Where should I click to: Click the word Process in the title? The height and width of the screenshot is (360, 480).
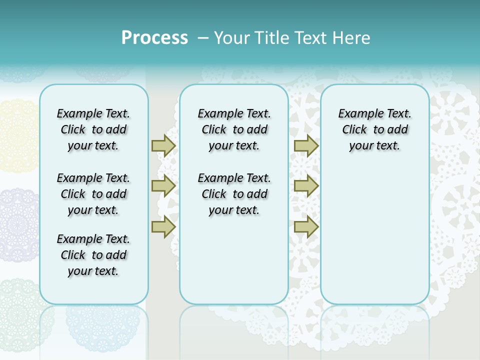154,38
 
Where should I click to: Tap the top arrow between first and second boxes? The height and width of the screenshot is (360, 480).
163,145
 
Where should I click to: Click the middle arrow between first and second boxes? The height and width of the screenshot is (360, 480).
163,186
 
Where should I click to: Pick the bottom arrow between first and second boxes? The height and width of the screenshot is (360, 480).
163,226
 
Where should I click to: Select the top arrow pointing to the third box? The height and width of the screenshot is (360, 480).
306,145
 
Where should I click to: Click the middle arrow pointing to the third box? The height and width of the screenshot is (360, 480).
306,186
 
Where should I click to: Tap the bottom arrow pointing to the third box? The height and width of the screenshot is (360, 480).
306,226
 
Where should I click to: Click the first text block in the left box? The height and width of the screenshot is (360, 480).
93,129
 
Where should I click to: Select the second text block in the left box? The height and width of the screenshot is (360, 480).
93,194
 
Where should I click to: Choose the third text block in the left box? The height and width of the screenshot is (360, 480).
93,255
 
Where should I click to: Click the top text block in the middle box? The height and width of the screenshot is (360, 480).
234,129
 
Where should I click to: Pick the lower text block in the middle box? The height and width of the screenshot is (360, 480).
234,194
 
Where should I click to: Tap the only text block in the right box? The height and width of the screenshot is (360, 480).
374,129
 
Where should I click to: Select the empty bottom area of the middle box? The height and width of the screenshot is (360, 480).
234,265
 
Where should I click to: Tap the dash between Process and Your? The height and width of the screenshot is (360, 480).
202,38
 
